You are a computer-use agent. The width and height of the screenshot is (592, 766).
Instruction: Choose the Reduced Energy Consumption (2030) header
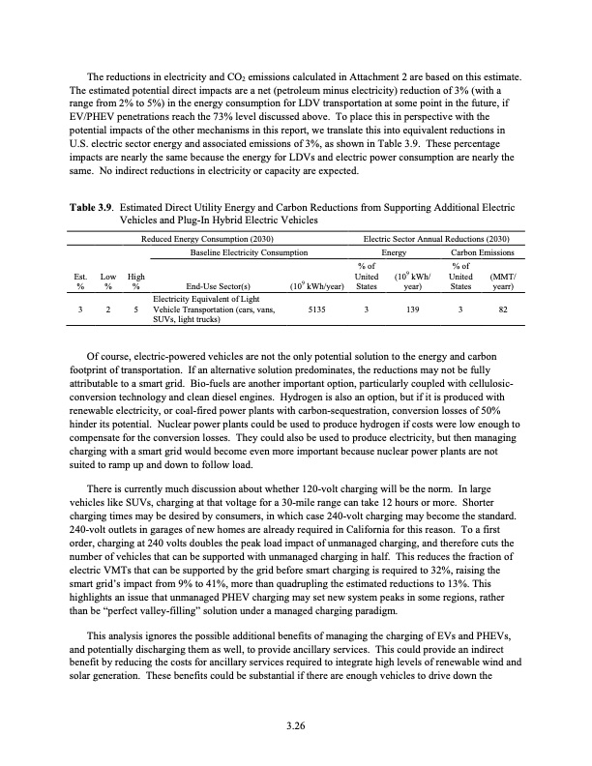tap(208, 238)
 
